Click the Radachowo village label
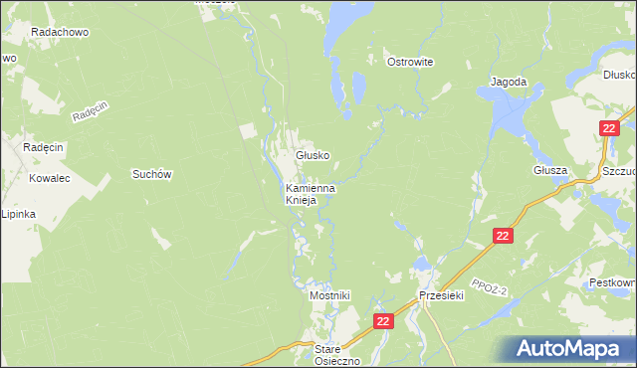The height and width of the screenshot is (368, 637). [x=60, y=32]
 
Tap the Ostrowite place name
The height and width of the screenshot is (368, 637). [x=409, y=62]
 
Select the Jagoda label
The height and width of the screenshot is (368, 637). [x=508, y=83]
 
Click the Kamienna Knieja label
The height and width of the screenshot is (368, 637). [x=310, y=193]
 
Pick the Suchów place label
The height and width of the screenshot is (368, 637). [x=152, y=174]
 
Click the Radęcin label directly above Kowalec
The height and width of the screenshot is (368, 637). [x=43, y=147]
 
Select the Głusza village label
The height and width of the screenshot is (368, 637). [x=549, y=170]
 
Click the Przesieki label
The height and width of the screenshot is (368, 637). [x=443, y=296]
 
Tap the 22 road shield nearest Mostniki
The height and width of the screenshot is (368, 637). [x=385, y=321]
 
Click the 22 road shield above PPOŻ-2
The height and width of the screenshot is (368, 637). [x=503, y=236]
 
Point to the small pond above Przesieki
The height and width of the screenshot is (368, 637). [x=422, y=265]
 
